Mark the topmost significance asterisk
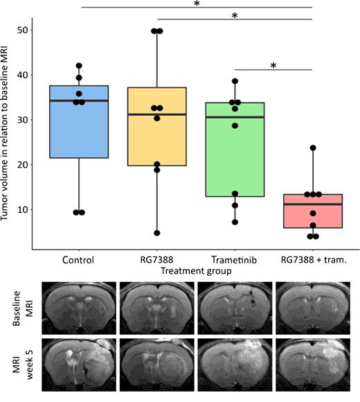[x=197, y=4]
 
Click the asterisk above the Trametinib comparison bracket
[x=274, y=65]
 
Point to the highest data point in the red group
[x=313, y=148]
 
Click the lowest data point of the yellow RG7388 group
[x=157, y=233]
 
